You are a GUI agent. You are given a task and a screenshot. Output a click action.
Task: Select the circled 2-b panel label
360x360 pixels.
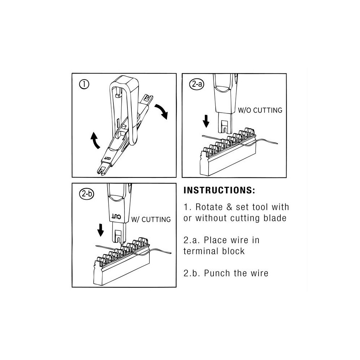(x=86, y=194)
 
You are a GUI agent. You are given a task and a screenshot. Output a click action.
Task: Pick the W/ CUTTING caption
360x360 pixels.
(x=151, y=219)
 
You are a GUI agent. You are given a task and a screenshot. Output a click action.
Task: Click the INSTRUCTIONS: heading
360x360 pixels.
(x=219, y=190)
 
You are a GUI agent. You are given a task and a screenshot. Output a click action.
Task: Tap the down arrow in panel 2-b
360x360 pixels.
(x=101, y=230)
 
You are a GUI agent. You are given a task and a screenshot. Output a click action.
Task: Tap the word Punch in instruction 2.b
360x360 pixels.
(x=219, y=273)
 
